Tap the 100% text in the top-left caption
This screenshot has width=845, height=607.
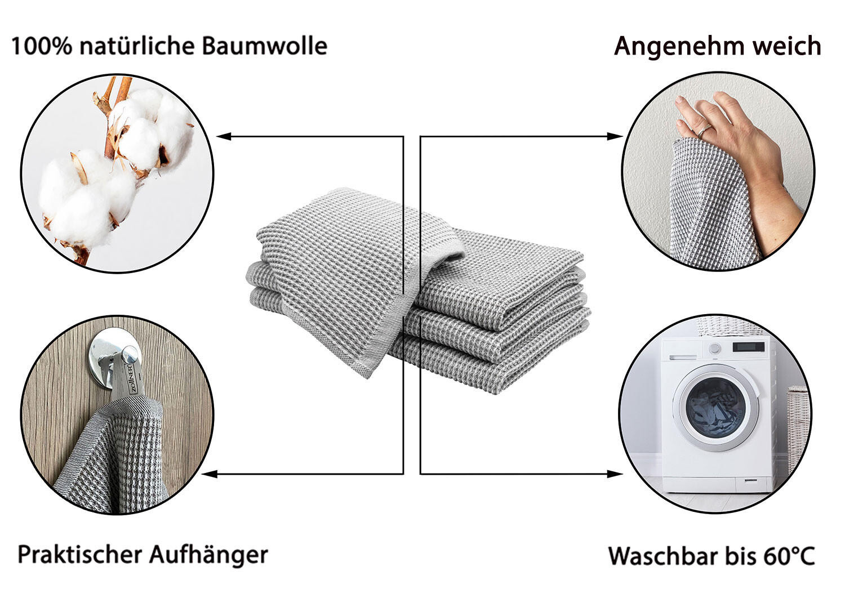pyautogui.click(x=42, y=46)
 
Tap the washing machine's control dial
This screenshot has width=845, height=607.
pyautogui.click(x=714, y=348)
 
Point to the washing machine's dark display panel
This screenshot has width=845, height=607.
pyautogui.click(x=748, y=346)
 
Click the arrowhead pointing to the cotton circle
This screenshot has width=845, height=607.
pyautogui.click(x=224, y=136)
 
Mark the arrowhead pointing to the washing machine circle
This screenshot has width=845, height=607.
pyautogui.click(x=615, y=474)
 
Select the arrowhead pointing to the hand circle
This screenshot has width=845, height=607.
pyautogui.click(x=615, y=136)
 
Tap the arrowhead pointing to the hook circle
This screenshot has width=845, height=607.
pyautogui.click(x=210, y=474)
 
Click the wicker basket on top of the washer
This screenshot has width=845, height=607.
pyautogui.click(x=729, y=327)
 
